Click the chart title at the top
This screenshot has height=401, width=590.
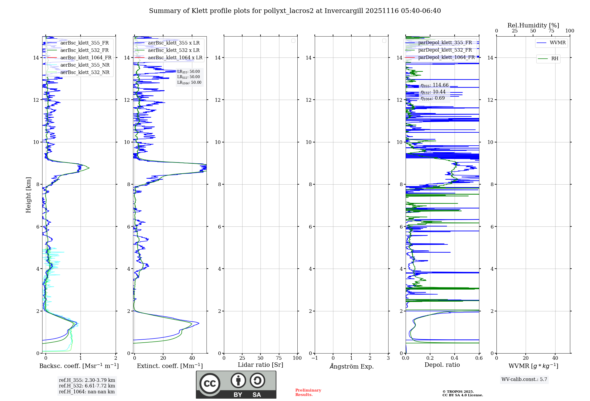295,11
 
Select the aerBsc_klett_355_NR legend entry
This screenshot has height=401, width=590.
85,65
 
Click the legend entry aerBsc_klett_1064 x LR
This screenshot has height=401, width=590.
175,58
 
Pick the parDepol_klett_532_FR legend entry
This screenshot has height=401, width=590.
445,50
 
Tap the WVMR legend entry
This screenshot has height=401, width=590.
558,43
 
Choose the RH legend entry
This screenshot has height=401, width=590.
555,59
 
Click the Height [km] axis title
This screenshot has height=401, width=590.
28,195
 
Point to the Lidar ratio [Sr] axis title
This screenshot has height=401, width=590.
260,365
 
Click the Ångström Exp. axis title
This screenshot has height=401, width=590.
351,367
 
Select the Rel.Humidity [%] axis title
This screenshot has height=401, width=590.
533,25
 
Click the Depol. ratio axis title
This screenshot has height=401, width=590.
442,365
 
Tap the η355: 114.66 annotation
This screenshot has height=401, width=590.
435,86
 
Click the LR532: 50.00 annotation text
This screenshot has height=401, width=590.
189,77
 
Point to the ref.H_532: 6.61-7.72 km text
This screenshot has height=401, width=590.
87,386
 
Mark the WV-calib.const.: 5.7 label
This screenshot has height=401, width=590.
524,379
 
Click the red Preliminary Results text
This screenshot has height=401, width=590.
308,392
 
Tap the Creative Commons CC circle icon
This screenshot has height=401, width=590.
210,384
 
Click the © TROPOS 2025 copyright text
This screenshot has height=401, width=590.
458,392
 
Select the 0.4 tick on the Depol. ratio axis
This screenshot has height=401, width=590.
455,358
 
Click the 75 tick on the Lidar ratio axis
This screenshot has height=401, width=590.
279,358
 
